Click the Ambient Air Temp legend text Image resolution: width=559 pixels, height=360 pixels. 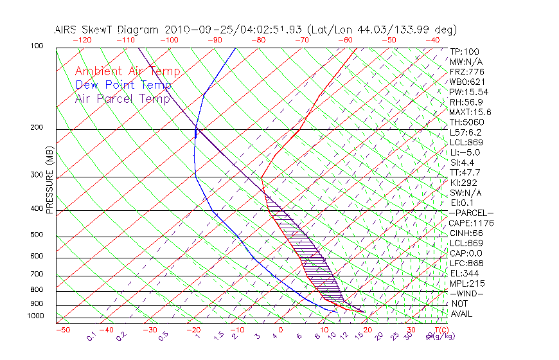[x=127, y=71]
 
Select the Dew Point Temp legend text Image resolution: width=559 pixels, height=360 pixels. [x=123, y=85]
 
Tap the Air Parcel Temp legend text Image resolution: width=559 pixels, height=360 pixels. [x=122, y=98]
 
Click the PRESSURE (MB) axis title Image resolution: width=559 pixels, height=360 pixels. [x=49, y=184]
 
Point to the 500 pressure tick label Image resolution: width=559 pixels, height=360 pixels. [x=37, y=235]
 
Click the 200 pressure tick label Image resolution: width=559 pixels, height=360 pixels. [x=37, y=128]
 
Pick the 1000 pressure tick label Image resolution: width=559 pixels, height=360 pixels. [x=35, y=316]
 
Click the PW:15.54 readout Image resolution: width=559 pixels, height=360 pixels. [x=469, y=92]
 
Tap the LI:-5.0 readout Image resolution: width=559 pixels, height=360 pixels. [x=465, y=152]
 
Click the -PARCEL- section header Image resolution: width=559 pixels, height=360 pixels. [x=472, y=213]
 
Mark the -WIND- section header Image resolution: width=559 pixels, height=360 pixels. [x=466, y=293]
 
